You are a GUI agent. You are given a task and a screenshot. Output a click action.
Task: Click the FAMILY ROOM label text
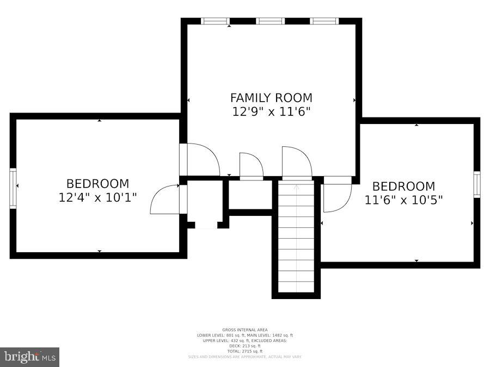271,98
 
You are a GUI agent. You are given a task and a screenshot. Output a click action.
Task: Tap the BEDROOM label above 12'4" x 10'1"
97,184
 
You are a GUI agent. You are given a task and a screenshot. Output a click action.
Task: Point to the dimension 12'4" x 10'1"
97,197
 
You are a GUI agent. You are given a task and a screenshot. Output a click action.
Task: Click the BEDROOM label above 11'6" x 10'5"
403,186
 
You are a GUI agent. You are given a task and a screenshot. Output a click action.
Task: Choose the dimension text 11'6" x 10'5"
403,200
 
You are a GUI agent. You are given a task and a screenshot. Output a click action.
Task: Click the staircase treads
296,239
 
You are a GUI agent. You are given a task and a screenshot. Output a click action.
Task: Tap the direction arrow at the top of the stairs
296,188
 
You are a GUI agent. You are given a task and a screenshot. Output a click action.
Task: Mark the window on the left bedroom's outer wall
13,188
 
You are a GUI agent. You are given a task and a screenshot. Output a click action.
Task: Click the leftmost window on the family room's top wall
215,21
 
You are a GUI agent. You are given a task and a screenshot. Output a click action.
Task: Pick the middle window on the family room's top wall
271,21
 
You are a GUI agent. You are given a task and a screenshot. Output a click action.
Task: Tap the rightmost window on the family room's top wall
324,21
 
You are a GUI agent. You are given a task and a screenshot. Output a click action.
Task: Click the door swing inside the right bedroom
336,197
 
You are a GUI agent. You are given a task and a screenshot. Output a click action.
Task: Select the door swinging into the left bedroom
166,200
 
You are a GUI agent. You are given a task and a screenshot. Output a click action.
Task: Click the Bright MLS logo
30,357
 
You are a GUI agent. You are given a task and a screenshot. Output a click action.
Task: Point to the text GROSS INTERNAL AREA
244,330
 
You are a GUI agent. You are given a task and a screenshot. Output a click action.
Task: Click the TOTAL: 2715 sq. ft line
244,351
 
